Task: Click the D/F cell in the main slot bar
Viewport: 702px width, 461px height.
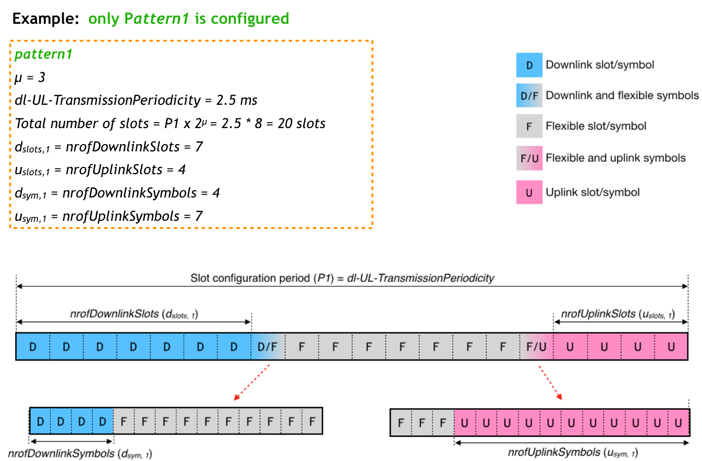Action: pyautogui.click(x=267, y=346)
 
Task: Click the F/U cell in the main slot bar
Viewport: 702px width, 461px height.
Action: pyautogui.click(x=536, y=346)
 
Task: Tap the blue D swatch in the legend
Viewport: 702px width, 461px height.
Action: pyautogui.click(x=529, y=65)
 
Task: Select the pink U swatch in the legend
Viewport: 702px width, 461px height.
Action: pyautogui.click(x=529, y=192)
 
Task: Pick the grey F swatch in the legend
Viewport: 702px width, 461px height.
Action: pyautogui.click(x=529, y=126)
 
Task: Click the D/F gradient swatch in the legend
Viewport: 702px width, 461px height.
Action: pyautogui.click(x=529, y=96)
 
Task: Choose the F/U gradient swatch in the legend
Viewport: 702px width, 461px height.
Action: pyautogui.click(x=529, y=158)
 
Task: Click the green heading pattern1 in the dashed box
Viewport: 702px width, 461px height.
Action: pyautogui.click(x=43, y=54)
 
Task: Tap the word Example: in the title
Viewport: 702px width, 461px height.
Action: pyautogui.click(x=45, y=18)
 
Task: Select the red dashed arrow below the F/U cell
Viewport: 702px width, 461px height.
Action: pyautogui.click(x=550, y=382)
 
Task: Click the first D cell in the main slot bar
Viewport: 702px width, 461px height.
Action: pyautogui.click(x=33, y=346)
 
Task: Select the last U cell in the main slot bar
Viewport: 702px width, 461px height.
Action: pyautogui.click(x=671, y=346)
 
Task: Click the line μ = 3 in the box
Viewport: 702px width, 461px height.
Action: pyautogui.click(x=30, y=77)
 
